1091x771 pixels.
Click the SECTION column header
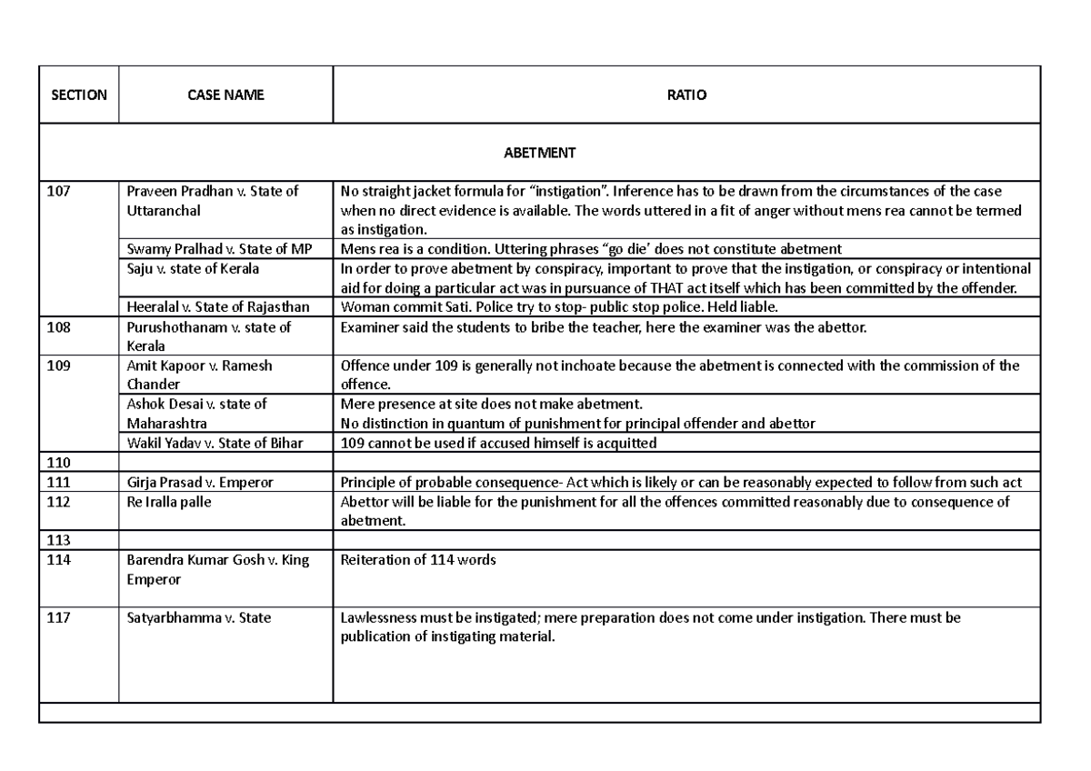(78, 95)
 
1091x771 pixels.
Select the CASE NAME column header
(225, 95)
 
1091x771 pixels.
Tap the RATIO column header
(686, 95)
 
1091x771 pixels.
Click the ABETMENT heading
(539, 153)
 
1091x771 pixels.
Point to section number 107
(58, 191)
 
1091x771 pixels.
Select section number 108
(58, 327)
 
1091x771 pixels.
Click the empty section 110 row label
(58, 463)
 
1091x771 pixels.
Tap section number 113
(58, 540)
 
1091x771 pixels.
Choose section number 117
(58, 618)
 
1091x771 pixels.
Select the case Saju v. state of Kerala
(193, 268)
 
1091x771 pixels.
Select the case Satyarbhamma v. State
(198, 618)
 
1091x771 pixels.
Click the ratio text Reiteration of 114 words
(417, 560)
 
